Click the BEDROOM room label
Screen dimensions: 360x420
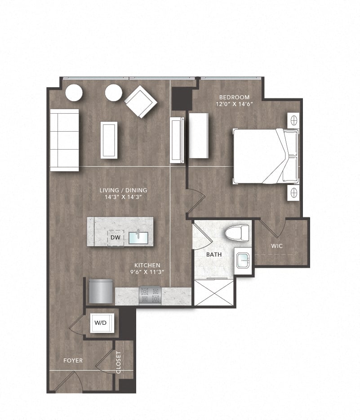pos(234,97)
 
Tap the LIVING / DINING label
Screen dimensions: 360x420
pos(123,190)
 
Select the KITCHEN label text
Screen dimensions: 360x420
pos(147,265)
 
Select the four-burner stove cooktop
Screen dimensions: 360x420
pos(150,296)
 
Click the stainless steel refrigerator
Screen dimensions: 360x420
pos(101,292)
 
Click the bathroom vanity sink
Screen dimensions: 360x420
pos(243,261)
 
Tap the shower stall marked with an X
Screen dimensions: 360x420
pos(214,292)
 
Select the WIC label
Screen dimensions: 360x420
pos(277,246)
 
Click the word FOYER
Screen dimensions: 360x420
pos(73,361)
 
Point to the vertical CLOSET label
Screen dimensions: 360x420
pos(119,362)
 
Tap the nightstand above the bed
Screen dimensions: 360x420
pos(293,120)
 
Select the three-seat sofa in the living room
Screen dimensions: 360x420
pos(64,140)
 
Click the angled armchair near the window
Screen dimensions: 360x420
pos(141,101)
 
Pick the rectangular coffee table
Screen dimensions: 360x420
pos(109,140)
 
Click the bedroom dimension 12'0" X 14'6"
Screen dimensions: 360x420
pos(235,104)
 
